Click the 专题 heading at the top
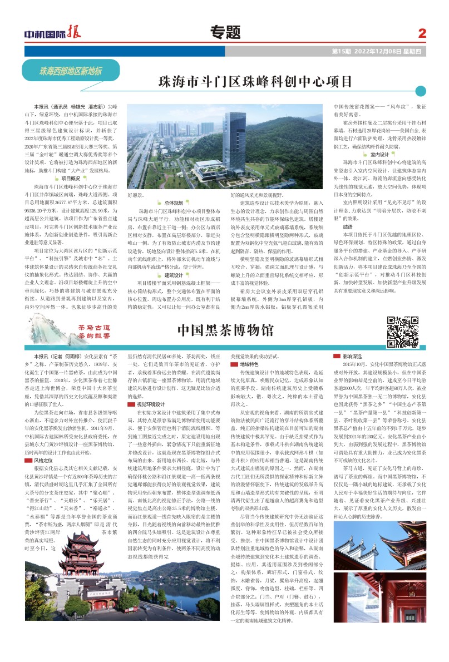click(x=225, y=32)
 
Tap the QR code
click(x=402, y=332)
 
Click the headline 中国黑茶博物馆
click(x=225, y=330)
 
